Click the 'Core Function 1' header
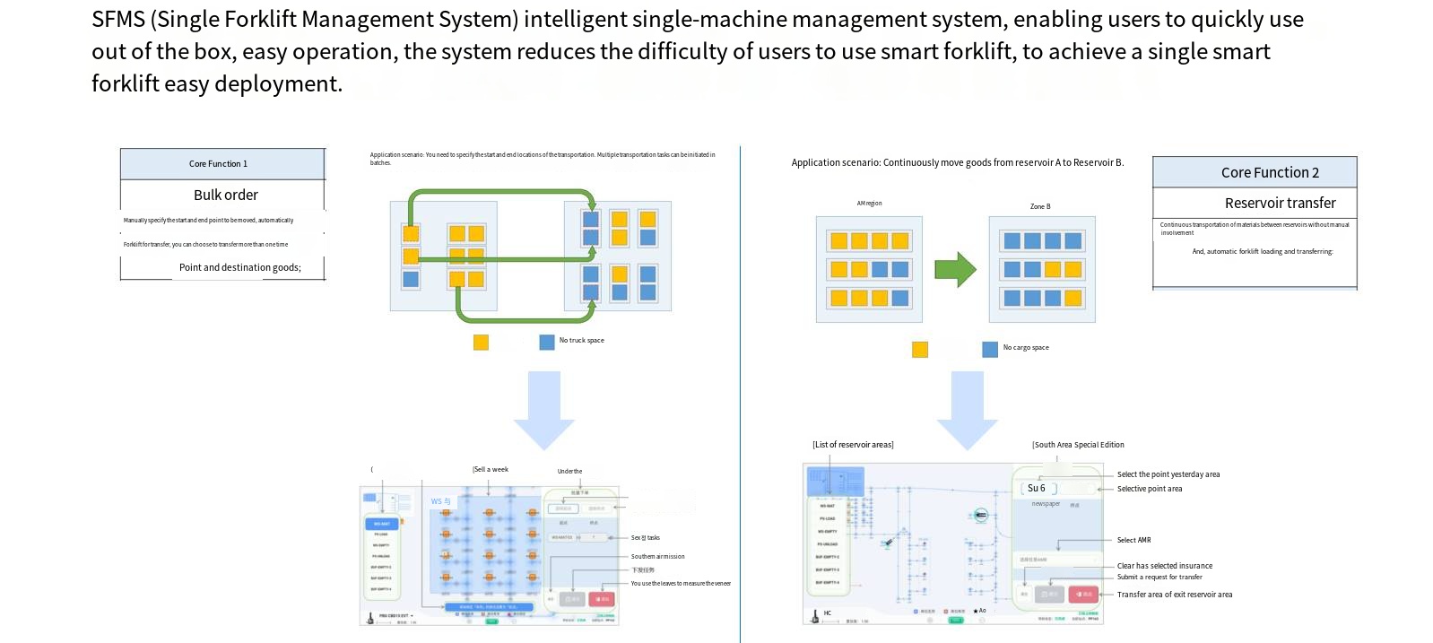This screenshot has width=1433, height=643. coord(218,164)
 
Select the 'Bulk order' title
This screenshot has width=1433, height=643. coord(225,195)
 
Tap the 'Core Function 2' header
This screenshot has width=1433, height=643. coord(1269,172)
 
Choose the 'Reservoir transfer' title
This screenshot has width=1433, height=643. coord(1280,203)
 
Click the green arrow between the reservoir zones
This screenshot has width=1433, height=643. coord(955,269)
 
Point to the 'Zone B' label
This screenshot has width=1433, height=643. coord(1039,206)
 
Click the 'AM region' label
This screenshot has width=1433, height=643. coord(869,204)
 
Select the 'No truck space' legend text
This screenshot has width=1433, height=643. coord(581,341)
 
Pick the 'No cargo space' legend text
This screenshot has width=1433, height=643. coord(1025,348)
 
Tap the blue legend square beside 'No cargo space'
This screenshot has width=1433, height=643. coord(990,350)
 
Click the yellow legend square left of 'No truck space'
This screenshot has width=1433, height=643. coord(481,343)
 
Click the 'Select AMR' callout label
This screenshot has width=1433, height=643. coord(1133,540)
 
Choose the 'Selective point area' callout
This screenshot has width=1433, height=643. coord(1149,489)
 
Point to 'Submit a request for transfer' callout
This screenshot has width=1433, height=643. coord(1159,577)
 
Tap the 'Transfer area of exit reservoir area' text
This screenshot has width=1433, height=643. coord(1174,595)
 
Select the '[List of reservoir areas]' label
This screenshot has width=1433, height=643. coord(853,445)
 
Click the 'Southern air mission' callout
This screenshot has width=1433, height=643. coord(657,557)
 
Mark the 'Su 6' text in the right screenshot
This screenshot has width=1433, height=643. coord(1036,489)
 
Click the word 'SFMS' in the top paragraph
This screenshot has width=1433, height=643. coord(118,20)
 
